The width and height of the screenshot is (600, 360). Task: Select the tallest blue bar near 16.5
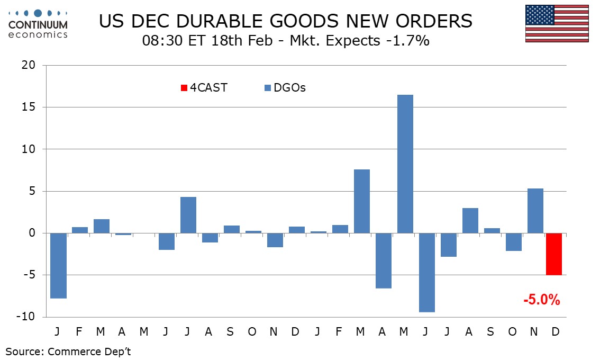point(405,164)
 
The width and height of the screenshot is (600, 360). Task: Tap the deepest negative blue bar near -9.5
point(426,273)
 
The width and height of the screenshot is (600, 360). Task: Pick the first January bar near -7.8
point(58,266)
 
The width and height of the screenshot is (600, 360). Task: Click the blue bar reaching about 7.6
point(362,201)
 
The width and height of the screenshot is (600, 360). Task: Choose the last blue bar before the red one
point(535,211)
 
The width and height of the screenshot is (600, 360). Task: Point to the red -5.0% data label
point(541,300)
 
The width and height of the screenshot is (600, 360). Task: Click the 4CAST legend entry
point(204,88)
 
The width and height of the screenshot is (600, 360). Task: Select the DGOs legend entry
point(285,88)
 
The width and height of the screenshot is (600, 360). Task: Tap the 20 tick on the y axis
point(28,66)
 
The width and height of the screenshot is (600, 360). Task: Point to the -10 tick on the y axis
point(25,317)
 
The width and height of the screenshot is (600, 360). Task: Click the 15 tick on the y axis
point(28,107)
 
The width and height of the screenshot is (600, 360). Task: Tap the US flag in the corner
point(557,23)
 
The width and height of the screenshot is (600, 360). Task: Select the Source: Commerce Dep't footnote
point(68,352)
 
